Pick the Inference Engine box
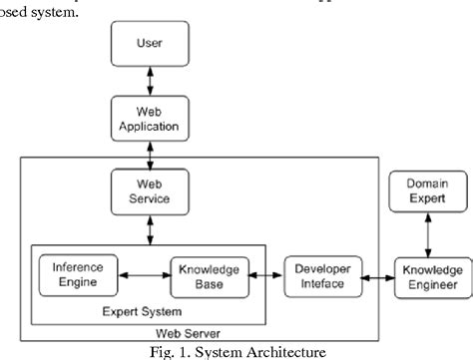pos(76,248)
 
